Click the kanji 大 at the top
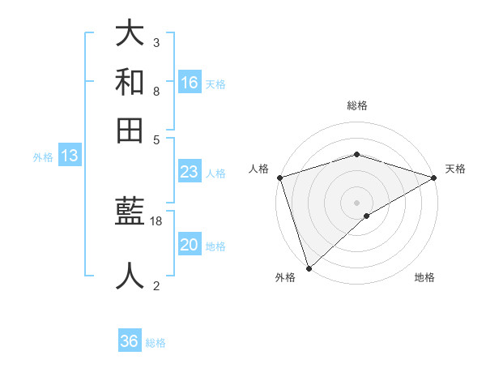click(130, 34)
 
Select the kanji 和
click(130, 83)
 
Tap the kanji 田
click(130, 131)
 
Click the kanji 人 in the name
click(130, 276)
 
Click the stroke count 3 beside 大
click(156, 42)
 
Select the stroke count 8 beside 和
click(156, 91)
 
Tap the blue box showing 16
click(190, 83)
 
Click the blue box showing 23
click(190, 172)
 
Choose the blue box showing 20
click(190, 245)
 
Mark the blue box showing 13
click(70, 156)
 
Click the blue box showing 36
click(130, 341)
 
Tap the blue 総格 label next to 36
click(156, 343)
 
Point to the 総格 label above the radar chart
click(357, 105)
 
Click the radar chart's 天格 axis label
click(455, 169)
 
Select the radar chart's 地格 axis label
click(424, 277)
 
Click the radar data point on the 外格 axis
click(309, 268)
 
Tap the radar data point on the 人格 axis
click(279, 178)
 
